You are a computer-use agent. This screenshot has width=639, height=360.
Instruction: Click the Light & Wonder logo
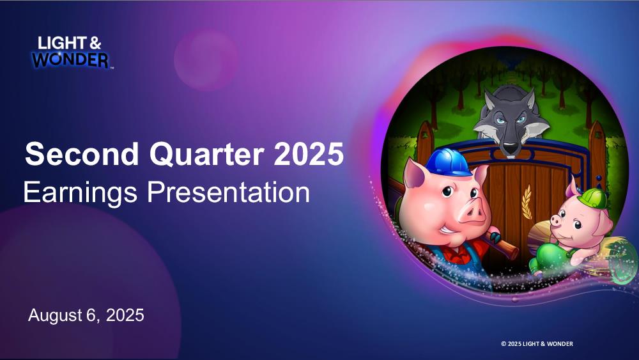pyautogui.click(x=72, y=52)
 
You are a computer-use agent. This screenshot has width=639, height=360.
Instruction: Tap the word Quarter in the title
pyautogui.click(x=208, y=155)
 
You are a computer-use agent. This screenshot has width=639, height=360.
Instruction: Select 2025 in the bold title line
pyautogui.click(x=309, y=153)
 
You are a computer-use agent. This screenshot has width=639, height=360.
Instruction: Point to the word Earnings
pyautogui.click(x=81, y=193)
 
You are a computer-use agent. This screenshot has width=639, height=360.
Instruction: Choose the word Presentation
pyautogui.click(x=228, y=192)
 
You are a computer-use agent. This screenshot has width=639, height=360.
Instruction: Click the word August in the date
pyautogui.click(x=55, y=316)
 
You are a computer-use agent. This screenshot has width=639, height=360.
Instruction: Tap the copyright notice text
pyautogui.click(x=537, y=343)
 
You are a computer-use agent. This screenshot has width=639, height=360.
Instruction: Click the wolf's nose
pyautogui.click(x=510, y=147)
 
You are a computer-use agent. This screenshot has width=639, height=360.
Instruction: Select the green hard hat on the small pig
pyautogui.click(x=591, y=198)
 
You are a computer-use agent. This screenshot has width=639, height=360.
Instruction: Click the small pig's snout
pyautogui.click(x=556, y=220)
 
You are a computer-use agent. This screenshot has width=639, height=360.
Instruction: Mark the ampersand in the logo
pyautogui.click(x=95, y=43)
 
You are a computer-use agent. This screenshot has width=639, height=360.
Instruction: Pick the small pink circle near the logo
pyautogui.click(x=205, y=59)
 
